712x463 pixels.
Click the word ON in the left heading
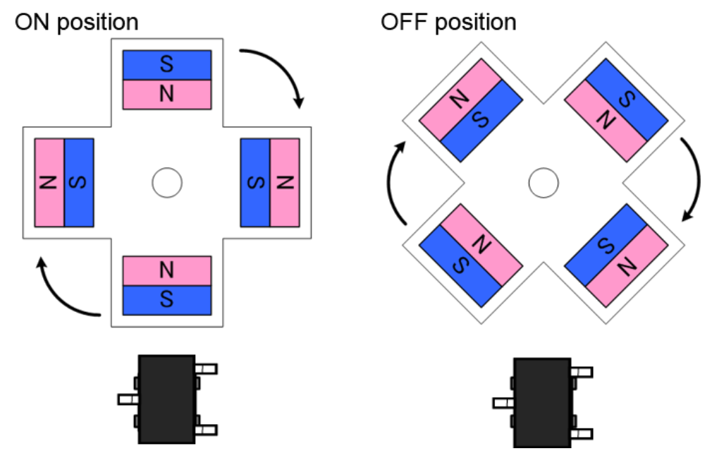click(32, 21)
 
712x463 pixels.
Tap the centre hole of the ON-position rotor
click(167, 183)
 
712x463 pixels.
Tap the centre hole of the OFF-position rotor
click(544, 183)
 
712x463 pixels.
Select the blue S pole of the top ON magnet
click(167, 65)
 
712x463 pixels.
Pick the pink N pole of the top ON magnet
click(167, 95)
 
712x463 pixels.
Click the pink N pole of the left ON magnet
click(49, 183)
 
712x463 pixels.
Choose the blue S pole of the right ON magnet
click(255, 183)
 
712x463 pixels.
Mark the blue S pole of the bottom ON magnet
click(167, 300)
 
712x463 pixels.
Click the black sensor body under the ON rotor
click(166, 399)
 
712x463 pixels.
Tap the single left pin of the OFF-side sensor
click(503, 403)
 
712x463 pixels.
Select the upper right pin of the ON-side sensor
click(207, 368)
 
